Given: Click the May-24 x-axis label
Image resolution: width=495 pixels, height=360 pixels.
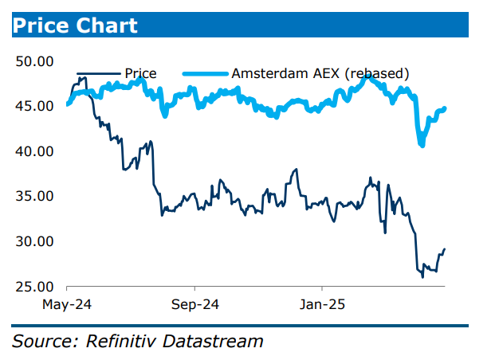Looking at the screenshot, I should pyautogui.click(x=67, y=304).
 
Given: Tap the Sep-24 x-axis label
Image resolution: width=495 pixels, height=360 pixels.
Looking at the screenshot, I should pyautogui.click(x=194, y=304).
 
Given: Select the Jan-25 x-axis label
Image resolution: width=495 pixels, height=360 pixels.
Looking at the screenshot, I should pyautogui.click(x=320, y=304).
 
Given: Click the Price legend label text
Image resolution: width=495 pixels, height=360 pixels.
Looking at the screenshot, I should pyautogui.click(x=140, y=74).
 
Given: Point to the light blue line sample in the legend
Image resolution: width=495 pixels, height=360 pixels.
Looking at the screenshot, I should pyautogui.click(x=205, y=74).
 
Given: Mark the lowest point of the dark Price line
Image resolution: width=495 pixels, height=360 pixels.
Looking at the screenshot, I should pyautogui.click(x=422, y=276).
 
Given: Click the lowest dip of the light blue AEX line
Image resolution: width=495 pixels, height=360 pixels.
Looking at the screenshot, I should pyautogui.click(x=422, y=145).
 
